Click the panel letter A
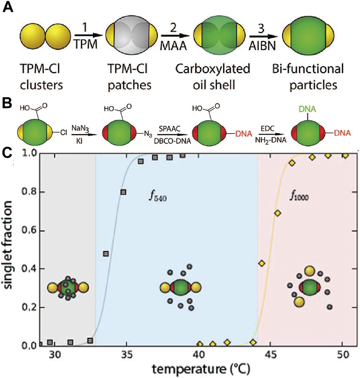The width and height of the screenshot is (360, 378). (x=8, y=8)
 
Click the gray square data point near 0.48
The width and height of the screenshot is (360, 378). (x=106, y=253)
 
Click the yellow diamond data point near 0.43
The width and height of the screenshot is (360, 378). (x=262, y=263)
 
